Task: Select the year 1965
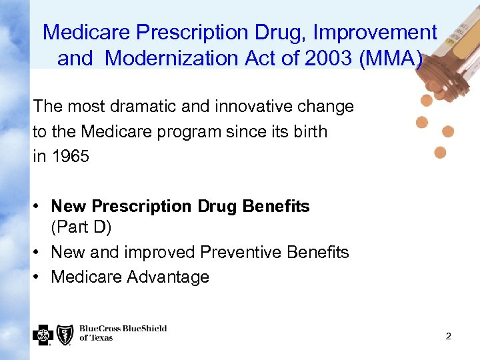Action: click(x=70, y=157)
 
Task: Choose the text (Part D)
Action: click(x=81, y=227)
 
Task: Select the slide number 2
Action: click(x=448, y=336)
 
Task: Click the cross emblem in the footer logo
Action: click(x=42, y=334)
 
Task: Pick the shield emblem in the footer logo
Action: click(x=65, y=334)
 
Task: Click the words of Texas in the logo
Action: click(x=97, y=339)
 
